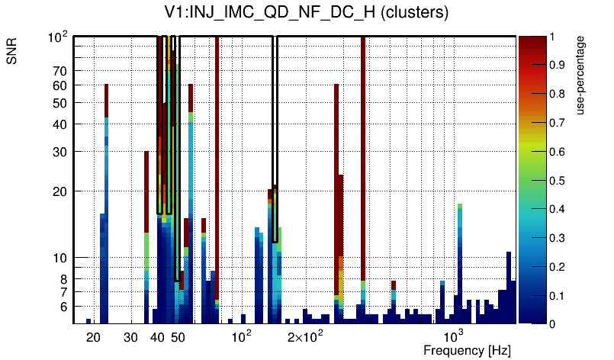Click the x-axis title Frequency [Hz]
[467, 350]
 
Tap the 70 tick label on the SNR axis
[61, 71]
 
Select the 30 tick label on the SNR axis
[61, 152]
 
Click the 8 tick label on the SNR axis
[64, 279]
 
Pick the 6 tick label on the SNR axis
[64, 307]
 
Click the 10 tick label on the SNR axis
[61, 258]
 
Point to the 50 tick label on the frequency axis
[178, 337]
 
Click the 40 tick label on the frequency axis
[158, 337]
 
